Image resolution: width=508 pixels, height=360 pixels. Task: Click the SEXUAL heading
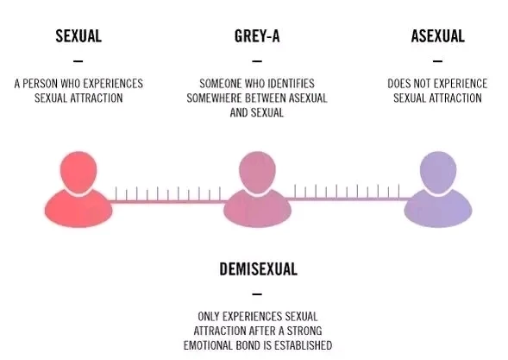tap(78, 36)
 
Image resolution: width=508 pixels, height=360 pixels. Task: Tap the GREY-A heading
tap(257, 36)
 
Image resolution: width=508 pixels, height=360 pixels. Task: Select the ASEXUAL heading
tap(437, 36)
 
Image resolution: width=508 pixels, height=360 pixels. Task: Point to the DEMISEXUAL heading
tap(258, 269)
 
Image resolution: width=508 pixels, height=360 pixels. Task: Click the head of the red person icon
tap(78, 171)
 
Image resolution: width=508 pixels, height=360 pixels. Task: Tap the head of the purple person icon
tap(438, 171)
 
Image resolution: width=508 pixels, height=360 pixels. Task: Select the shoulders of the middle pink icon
tap(257, 209)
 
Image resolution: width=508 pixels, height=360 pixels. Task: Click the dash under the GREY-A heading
tap(257, 60)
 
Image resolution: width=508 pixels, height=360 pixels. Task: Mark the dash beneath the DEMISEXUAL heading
tap(257, 294)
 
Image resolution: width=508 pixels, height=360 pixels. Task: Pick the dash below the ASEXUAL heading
tap(437, 60)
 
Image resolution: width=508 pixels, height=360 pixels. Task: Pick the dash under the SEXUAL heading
tap(78, 60)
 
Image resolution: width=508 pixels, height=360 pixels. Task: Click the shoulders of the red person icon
tap(78, 209)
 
